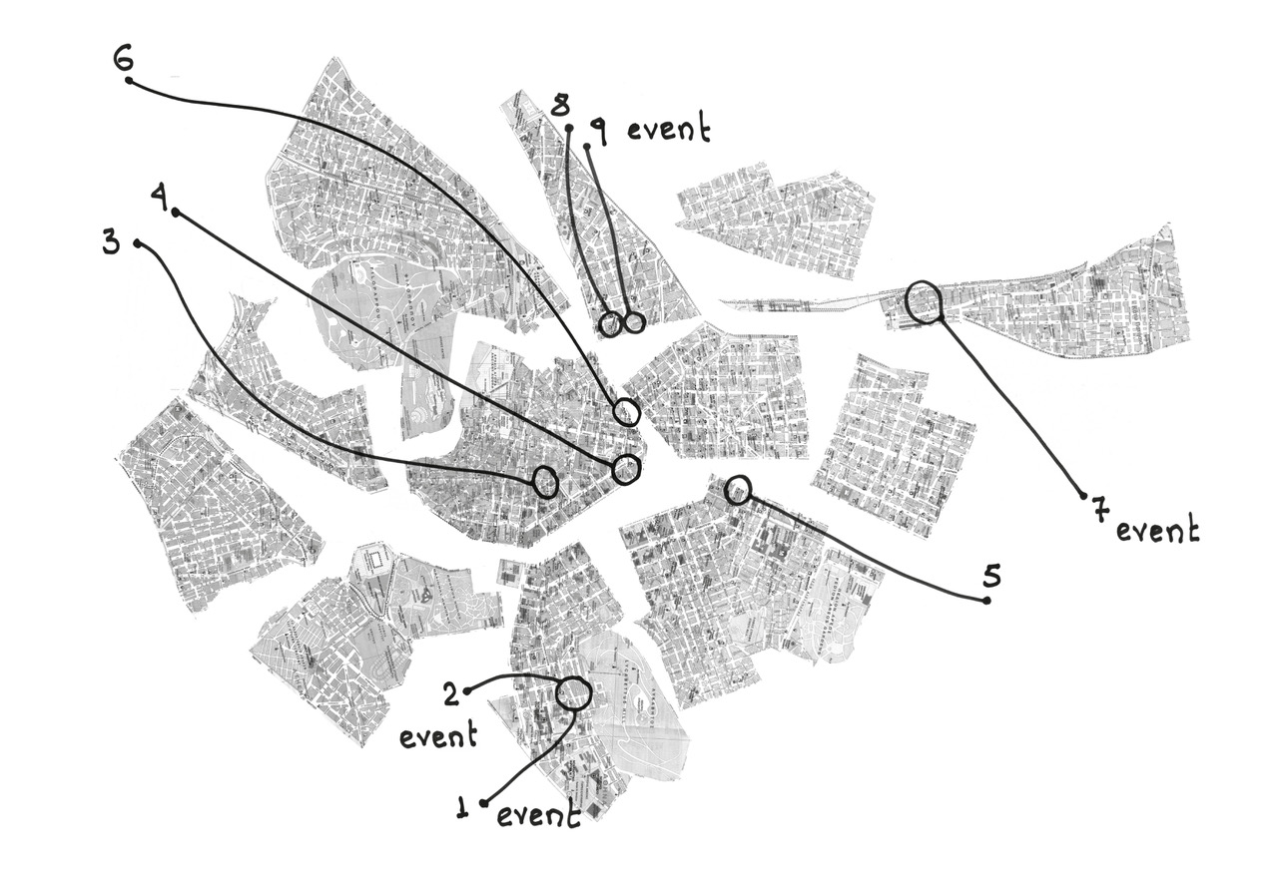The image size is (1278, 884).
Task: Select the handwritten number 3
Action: coord(112,243)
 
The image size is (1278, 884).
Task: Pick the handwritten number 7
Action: coord(1099,510)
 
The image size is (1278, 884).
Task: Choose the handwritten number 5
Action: coord(990,576)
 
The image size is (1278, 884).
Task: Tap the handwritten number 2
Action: coord(451,693)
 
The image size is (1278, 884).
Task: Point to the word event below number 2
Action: coord(437,737)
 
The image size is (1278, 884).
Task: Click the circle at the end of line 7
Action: coord(924,301)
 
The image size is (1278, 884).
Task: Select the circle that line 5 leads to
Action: coord(737,489)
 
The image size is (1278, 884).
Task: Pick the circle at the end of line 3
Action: coord(545,482)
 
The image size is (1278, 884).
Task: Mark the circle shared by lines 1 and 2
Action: coord(574,692)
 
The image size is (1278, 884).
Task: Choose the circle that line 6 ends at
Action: coord(626,410)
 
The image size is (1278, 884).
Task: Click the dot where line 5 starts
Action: coord(986,600)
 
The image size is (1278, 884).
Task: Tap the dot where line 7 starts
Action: coord(1083,494)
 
